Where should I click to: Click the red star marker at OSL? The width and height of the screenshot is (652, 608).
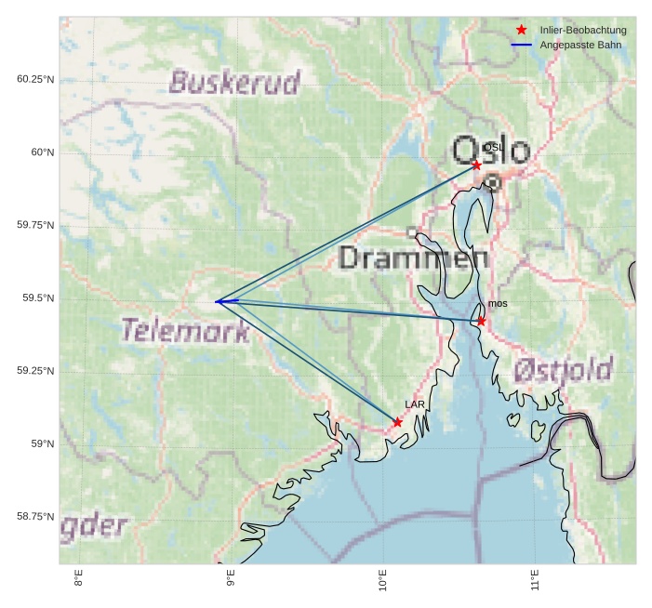point(476,165)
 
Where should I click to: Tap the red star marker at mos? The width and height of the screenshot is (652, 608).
point(481,321)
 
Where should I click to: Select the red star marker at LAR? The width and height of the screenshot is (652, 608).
point(397,422)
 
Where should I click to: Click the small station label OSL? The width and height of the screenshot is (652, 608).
point(493,147)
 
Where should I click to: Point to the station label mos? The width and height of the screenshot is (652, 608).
point(498,304)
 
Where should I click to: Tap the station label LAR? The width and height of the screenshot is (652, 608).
point(415,404)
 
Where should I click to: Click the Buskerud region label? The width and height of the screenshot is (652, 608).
point(234,83)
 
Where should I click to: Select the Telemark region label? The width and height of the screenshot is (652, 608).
point(185,330)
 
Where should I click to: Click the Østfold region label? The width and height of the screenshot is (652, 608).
point(563,371)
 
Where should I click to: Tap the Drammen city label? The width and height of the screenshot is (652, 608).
point(414,258)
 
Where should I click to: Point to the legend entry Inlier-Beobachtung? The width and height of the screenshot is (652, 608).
point(583,30)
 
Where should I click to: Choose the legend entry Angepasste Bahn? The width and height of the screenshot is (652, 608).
point(580,45)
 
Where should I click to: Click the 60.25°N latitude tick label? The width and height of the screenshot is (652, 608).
point(35,79)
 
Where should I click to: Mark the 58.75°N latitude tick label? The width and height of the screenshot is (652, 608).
point(35,517)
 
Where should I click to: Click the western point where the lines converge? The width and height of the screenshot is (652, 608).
point(216,301)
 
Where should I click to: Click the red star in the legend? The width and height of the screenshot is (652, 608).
point(522,30)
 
